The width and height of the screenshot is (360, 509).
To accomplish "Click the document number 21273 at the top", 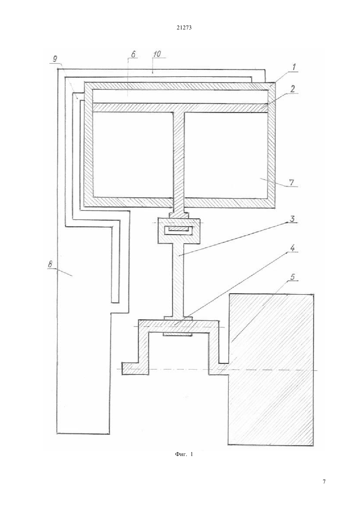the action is [184, 28].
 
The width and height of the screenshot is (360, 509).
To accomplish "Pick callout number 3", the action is [292, 219].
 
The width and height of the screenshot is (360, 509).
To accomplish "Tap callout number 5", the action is [293, 277].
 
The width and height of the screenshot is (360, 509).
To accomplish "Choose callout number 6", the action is [133, 54].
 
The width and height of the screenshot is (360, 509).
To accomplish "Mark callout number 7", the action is [292, 182].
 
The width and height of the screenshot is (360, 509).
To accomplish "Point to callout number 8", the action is [50, 264].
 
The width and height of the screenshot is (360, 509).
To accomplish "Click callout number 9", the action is [55, 59].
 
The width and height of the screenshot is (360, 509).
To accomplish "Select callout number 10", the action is [157, 54].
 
